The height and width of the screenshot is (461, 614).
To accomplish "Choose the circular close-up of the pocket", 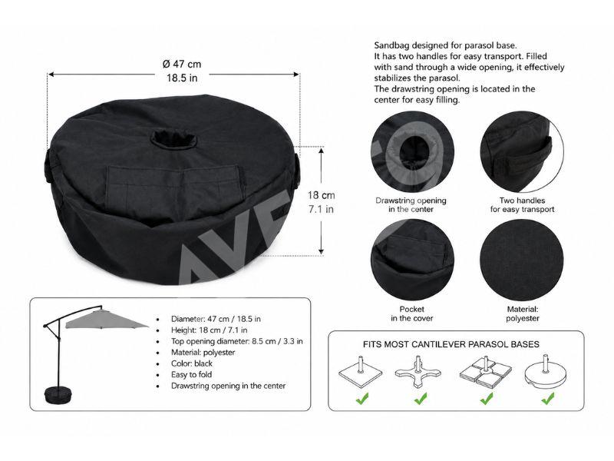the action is point(412,260).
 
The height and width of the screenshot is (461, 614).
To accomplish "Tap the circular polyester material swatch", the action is point(522,260).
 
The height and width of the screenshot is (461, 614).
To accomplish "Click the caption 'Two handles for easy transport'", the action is point(523,205).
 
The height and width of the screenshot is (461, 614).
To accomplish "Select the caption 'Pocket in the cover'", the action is point(412,313).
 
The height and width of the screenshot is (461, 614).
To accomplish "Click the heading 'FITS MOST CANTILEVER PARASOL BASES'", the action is point(451,344).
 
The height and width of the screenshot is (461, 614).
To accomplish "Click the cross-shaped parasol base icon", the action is point(418,372).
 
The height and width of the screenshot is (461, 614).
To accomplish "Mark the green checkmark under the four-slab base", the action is point(487,399).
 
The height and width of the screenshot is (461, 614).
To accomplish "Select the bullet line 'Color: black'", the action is point(191,363).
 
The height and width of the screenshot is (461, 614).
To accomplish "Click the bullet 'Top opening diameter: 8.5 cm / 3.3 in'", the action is point(237,341).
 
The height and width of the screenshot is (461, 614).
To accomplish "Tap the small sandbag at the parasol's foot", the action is point(59,395).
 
